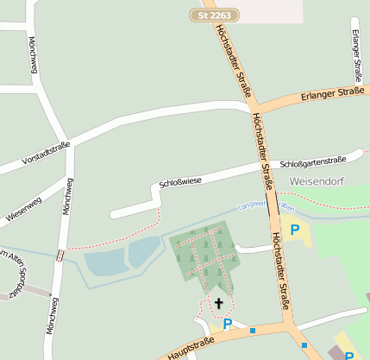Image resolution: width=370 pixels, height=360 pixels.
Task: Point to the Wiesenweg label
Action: click(23, 210)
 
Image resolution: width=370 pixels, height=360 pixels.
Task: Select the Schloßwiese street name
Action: click(180, 181)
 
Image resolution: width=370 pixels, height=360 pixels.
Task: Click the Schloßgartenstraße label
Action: click(314, 160)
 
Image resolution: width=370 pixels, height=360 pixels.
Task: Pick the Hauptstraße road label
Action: click(191, 348)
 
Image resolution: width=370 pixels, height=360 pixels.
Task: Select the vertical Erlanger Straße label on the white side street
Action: click(357, 53)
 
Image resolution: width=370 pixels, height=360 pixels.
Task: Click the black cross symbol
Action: click(218, 303)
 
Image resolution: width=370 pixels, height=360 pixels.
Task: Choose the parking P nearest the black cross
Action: click(228, 325)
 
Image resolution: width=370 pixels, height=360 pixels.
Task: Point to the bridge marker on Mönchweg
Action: click(60, 255)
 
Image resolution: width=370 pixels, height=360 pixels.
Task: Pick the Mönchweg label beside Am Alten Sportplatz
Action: click(55, 319)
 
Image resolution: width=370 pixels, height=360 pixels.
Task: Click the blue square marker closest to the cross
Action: click(253, 330)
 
